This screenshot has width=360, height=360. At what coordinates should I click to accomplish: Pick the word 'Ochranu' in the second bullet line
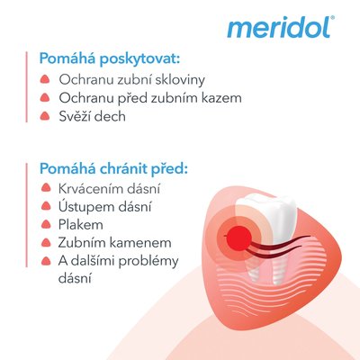click(87, 98)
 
